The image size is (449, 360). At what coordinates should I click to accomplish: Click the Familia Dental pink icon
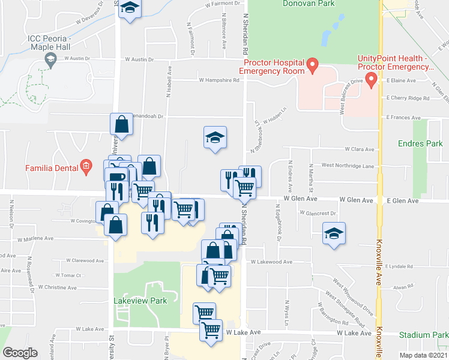point(86,166)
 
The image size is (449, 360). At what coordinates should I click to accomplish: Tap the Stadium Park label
point(427,335)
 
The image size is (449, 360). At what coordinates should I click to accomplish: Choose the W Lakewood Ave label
point(271,262)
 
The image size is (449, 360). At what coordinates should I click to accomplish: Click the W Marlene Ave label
point(37,239)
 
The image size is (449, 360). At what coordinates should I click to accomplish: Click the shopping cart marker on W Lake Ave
point(211,329)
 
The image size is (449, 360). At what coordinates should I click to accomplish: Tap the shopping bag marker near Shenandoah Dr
point(121,124)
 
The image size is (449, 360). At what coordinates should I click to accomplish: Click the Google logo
point(20,353)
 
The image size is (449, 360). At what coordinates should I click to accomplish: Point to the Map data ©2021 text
point(423,355)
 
